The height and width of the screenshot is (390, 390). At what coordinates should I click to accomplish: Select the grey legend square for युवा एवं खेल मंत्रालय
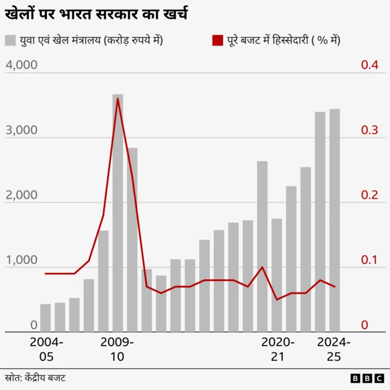click(10, 41)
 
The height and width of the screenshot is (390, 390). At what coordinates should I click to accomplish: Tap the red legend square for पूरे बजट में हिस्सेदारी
click(218, 41)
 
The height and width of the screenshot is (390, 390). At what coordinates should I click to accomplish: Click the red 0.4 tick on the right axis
click(369, 65)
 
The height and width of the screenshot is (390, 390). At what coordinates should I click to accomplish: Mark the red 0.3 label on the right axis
click(369, 130)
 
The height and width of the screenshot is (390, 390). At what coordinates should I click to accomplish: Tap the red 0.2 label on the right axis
click(369, 196)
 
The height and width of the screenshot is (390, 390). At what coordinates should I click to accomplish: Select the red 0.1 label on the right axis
click(369, 261)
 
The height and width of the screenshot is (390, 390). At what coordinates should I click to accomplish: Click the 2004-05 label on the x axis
click(46, 349)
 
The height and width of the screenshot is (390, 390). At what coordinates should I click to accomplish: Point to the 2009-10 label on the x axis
click(117, 349)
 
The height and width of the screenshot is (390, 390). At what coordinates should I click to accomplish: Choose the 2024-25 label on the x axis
click(334, 349)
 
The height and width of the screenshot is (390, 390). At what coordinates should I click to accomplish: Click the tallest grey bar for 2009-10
click(118, 213)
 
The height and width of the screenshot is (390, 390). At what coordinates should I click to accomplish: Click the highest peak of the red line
click(118, 98)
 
